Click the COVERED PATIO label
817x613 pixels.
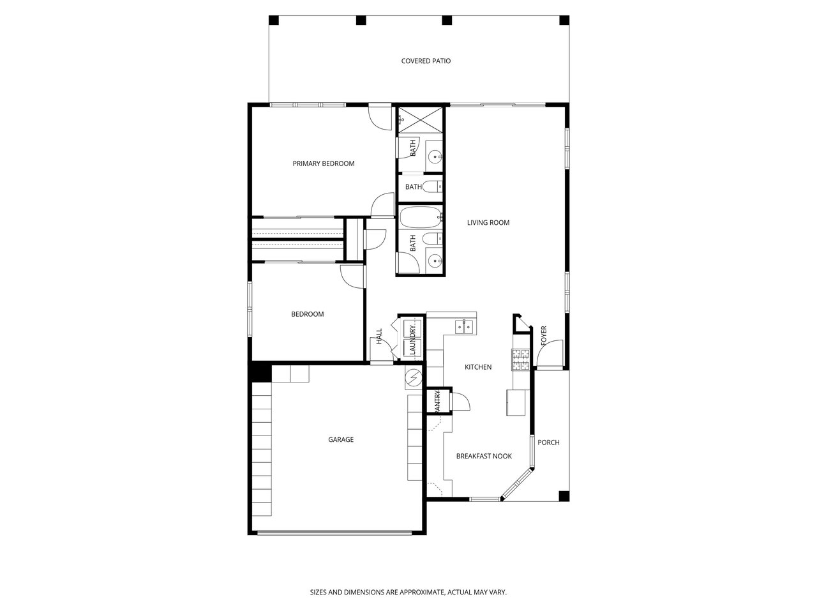pos(426,61)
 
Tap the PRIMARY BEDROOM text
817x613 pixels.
pos(324,163)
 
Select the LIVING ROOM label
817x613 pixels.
pos(488,223)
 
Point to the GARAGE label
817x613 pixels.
pos(341,439)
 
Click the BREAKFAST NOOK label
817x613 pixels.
pos(484,456)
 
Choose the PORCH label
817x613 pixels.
pos(548,442)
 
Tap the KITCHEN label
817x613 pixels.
pos(478,367)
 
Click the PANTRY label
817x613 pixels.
pos(437,401)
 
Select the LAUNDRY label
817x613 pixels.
pos(412,340)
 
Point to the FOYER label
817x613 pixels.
pos(543,336)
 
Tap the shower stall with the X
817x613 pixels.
pos(420,120)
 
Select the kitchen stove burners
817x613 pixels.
pos(520,359)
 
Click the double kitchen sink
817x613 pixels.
pos(464,327)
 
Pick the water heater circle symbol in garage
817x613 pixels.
pos(413,379)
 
